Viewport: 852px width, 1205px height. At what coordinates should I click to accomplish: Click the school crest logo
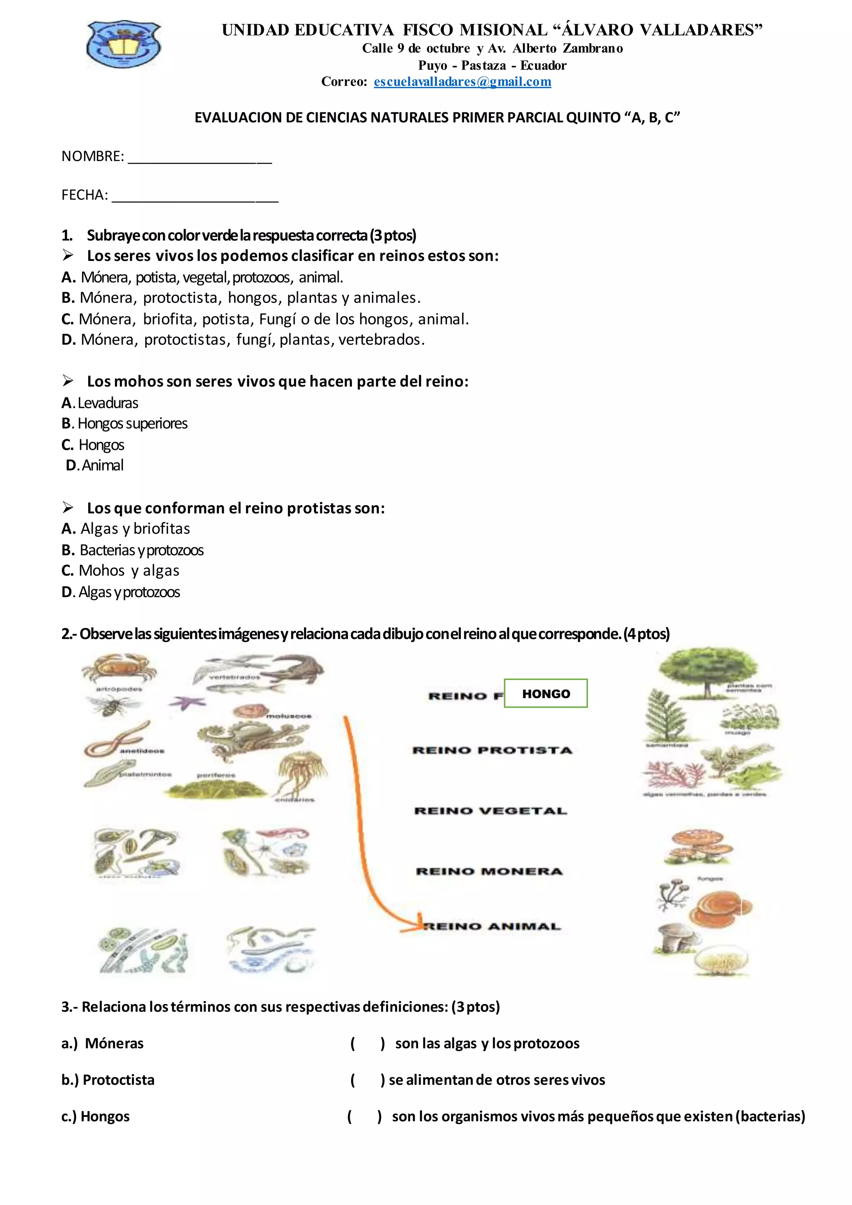tap(124, 44)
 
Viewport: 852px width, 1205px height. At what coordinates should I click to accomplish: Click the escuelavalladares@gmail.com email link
tap(462, 82)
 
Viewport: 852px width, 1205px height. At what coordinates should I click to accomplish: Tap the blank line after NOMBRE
tap(200, 157)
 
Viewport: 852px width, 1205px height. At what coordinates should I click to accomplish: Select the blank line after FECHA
tap(195, 196)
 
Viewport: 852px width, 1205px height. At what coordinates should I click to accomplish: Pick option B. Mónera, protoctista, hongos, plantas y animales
tap(241, 298)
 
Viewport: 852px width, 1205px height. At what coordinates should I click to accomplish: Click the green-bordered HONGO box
tap(546, 693)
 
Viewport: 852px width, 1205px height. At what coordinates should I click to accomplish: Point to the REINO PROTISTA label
tap(492, 751)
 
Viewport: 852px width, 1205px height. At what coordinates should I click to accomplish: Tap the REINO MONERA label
tap(489, 872)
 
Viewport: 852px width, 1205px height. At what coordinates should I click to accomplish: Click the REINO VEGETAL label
tap(490, 811)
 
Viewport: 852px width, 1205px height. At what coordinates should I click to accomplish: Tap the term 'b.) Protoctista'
tap(108, 1080)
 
